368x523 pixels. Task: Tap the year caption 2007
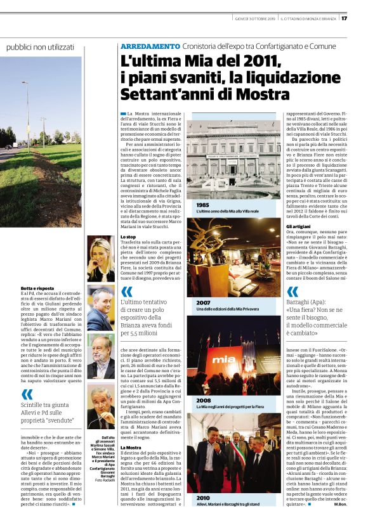(204, 303)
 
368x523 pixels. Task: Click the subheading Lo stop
(128, 236)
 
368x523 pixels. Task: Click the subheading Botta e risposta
(36, 288)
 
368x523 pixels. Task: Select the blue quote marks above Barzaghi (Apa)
(292, 291)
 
